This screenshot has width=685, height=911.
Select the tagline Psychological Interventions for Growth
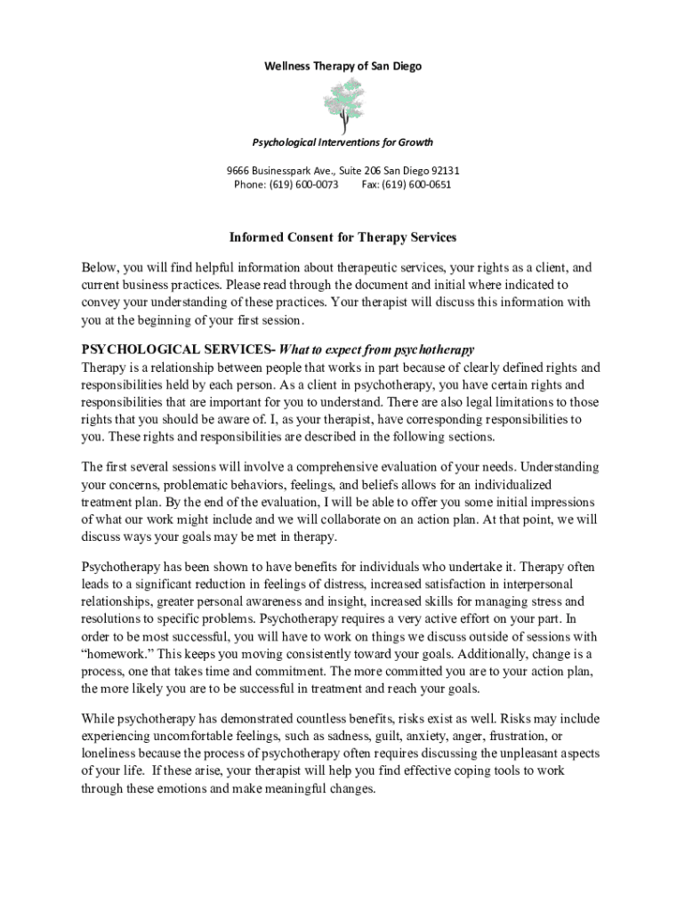pyautogui.click(x=342, y=142)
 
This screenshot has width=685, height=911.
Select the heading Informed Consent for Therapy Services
pyautogui.click(x=342, y=238)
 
